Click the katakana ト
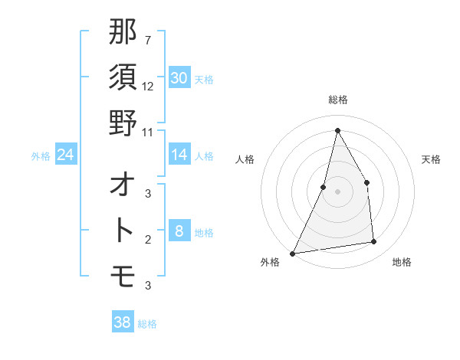pos(123,230)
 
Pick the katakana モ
pos(123,273)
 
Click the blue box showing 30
pos(179,78)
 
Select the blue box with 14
pos(179,155)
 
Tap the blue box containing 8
pos(179,231)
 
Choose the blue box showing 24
pos(66,155)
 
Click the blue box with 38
pos(122,322)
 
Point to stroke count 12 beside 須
pos(148,86)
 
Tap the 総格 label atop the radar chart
pos(337,100)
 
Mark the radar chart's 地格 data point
pos(374,242)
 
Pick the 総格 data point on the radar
pos(337,129)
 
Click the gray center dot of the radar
pos(337,191)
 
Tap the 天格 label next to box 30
pos(204,79)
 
